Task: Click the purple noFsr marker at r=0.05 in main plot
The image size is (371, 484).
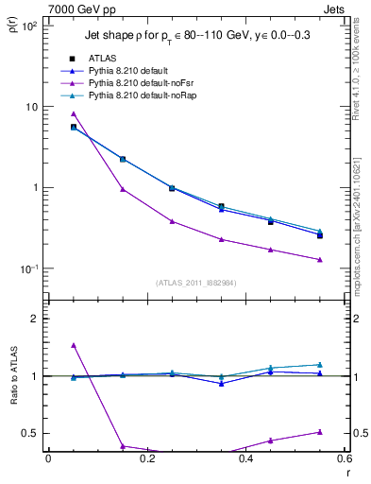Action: pos(74,113)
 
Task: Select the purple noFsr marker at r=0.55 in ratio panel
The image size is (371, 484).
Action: pos(320,432)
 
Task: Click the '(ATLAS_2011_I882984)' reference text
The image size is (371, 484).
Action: pos(195,283)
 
